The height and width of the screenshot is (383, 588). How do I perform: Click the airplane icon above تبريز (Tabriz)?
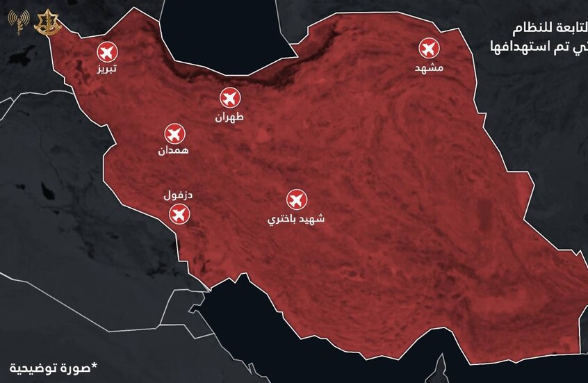coord(106,51)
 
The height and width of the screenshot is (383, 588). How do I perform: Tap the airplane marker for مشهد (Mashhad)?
coord(429,49)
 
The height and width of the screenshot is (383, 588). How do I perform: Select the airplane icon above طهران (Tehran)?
coord(230,98)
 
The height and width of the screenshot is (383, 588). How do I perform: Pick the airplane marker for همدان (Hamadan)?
coord(173,133)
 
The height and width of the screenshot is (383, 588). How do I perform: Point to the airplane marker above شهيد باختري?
coord(297,199)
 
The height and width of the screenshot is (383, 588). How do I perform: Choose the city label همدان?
coord(173,150)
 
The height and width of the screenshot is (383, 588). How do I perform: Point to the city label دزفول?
coord(179,195)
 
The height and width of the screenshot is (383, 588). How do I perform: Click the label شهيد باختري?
coord(297,219)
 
